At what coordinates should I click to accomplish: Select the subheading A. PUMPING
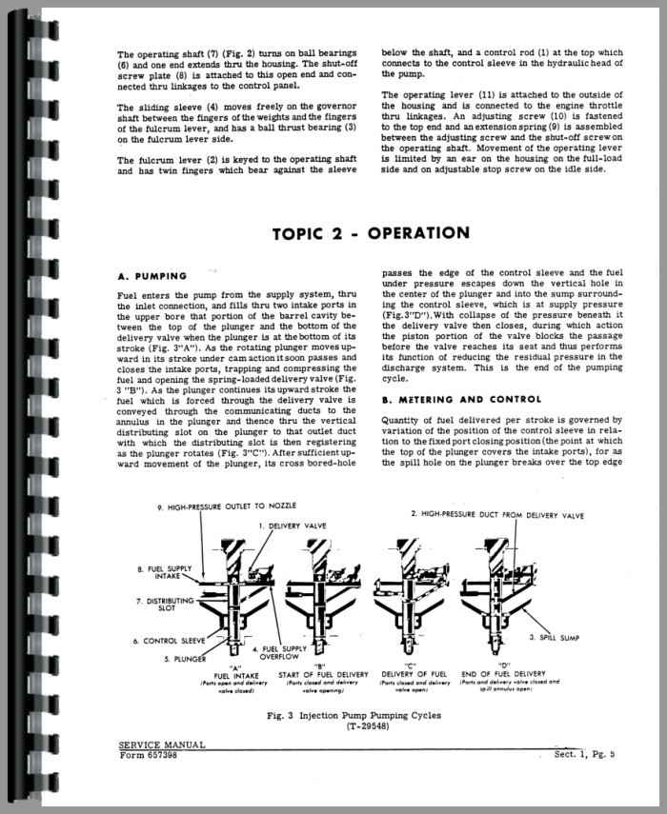click(153, 276)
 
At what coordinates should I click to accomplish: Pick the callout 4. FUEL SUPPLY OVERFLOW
click(276, 653)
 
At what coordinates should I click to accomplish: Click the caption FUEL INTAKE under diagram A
click(234, 675)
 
